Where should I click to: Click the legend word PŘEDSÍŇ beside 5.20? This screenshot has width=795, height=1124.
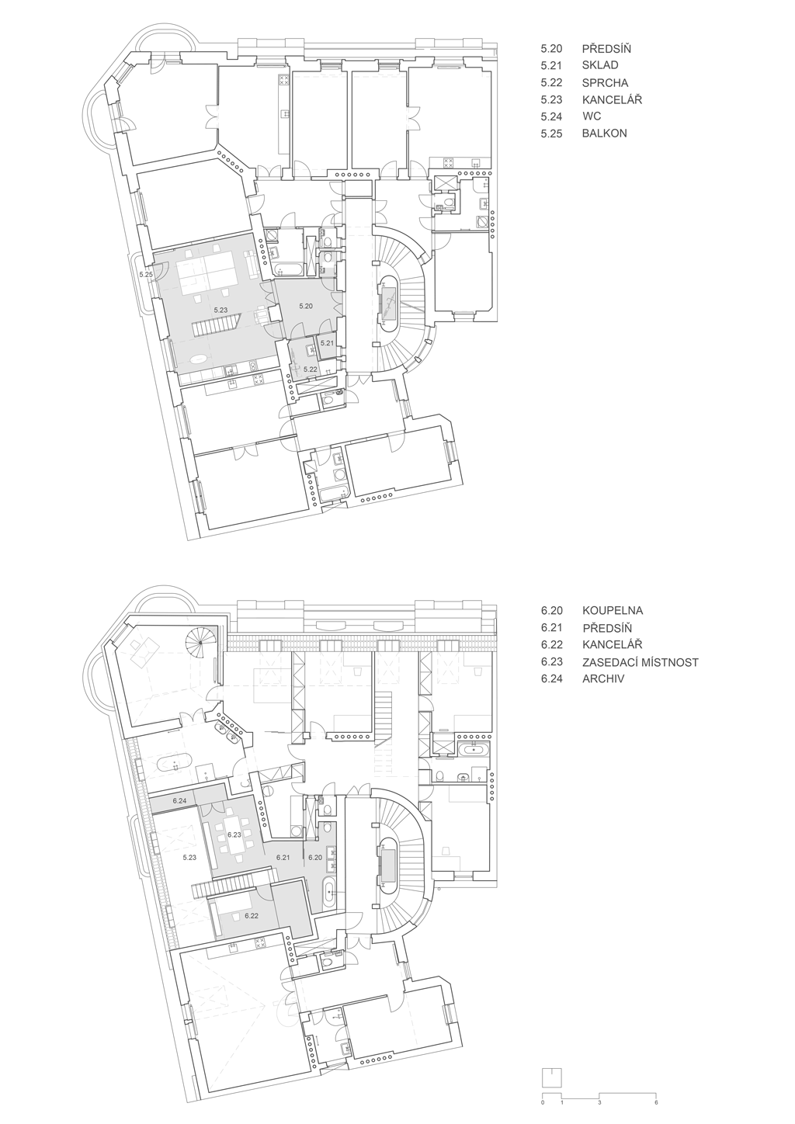coord(606,49)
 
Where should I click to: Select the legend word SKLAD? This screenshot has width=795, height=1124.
coord(600,65)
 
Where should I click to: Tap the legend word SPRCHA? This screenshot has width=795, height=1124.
coord(605,83)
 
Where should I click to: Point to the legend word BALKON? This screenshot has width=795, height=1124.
coord(604,134)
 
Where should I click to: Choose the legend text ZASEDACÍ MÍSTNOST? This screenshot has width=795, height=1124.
coord(640,662)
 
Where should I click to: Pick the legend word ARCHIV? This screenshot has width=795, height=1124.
coord(603,679)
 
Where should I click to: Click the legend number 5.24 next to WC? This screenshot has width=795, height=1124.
coord(551,116)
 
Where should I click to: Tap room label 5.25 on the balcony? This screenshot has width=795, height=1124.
coord(146,275)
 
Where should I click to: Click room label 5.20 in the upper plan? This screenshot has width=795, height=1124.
coord(306,306)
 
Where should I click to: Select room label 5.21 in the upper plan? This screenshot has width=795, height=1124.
coord(327,343)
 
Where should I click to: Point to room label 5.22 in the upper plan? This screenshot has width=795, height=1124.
coord(311,369)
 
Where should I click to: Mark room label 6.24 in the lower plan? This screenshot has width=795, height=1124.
coord(179,801)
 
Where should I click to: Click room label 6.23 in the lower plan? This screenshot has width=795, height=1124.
coord(234,835)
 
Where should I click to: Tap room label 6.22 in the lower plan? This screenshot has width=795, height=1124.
coord(252,915)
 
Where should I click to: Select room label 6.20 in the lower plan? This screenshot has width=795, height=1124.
coord(315,858)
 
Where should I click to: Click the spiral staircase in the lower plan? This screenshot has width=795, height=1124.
coord(200,643)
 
